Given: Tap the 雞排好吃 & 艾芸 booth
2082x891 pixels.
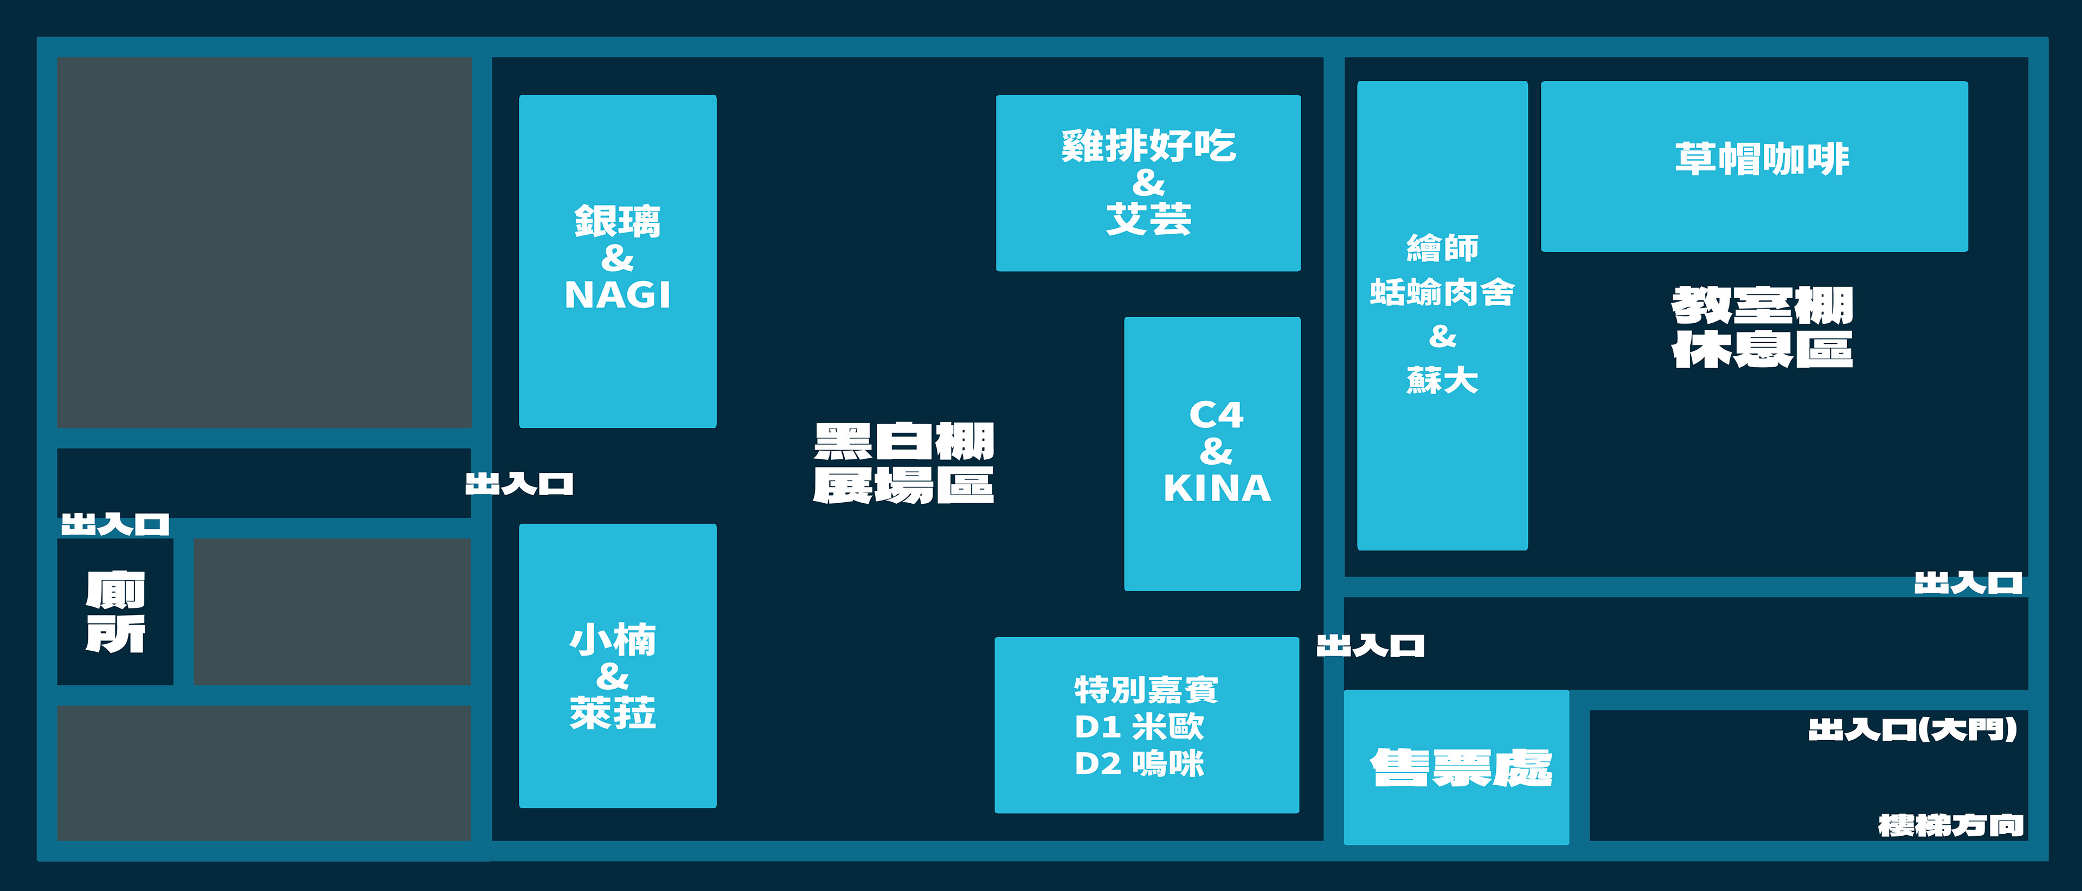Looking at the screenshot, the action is tap(1148, 183).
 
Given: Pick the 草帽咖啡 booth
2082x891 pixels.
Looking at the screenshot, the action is tap(1754, 166).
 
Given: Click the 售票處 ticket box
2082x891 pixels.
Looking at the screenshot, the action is tap(1456, 767).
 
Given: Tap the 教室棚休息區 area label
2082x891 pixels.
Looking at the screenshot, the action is tap(1762, 328).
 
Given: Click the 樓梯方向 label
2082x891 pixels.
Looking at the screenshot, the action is tap(1950, 825).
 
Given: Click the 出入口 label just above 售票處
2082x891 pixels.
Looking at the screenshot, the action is tap(1370, 646).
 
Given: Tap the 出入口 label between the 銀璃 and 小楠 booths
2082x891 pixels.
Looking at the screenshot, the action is tap(519, 484).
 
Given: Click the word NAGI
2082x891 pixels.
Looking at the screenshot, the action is tap(618, 295).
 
